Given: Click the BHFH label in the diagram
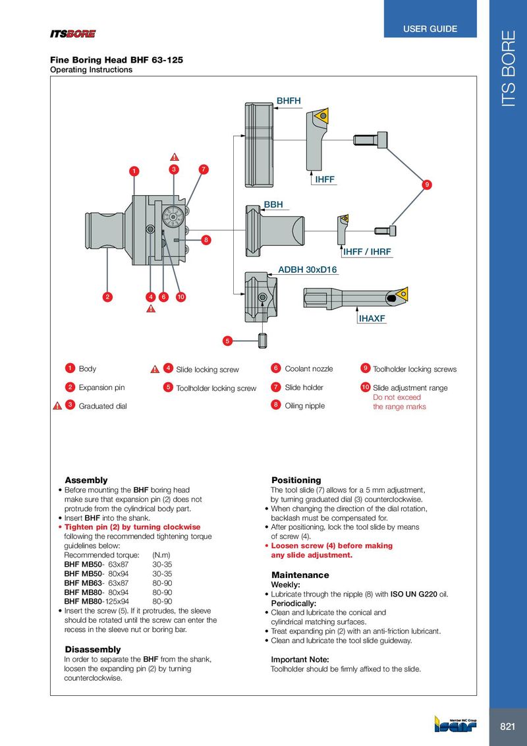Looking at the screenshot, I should pos(289,101).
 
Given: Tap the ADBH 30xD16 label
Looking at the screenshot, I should pos(307,270).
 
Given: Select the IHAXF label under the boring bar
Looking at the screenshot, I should pos(372,319).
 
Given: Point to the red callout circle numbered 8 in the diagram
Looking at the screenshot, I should pos(206,239).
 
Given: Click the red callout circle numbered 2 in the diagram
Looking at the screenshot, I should pos(107,297).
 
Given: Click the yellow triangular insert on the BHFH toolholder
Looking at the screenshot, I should pos(323,116).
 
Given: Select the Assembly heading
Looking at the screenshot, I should pos(86,480).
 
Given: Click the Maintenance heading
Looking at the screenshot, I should pos(300,575).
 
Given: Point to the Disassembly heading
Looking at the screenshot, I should pos(93,650).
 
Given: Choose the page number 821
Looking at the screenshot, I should pos(507,727).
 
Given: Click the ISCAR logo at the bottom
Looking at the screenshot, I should pos(453,724).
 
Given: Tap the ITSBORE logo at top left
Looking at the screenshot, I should pos(73,34).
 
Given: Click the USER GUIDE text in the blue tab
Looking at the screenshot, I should pos(430,29).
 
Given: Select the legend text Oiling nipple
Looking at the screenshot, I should pos(304,406).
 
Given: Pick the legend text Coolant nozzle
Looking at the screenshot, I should pos(308,369).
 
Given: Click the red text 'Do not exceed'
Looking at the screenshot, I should pos(397,397).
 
